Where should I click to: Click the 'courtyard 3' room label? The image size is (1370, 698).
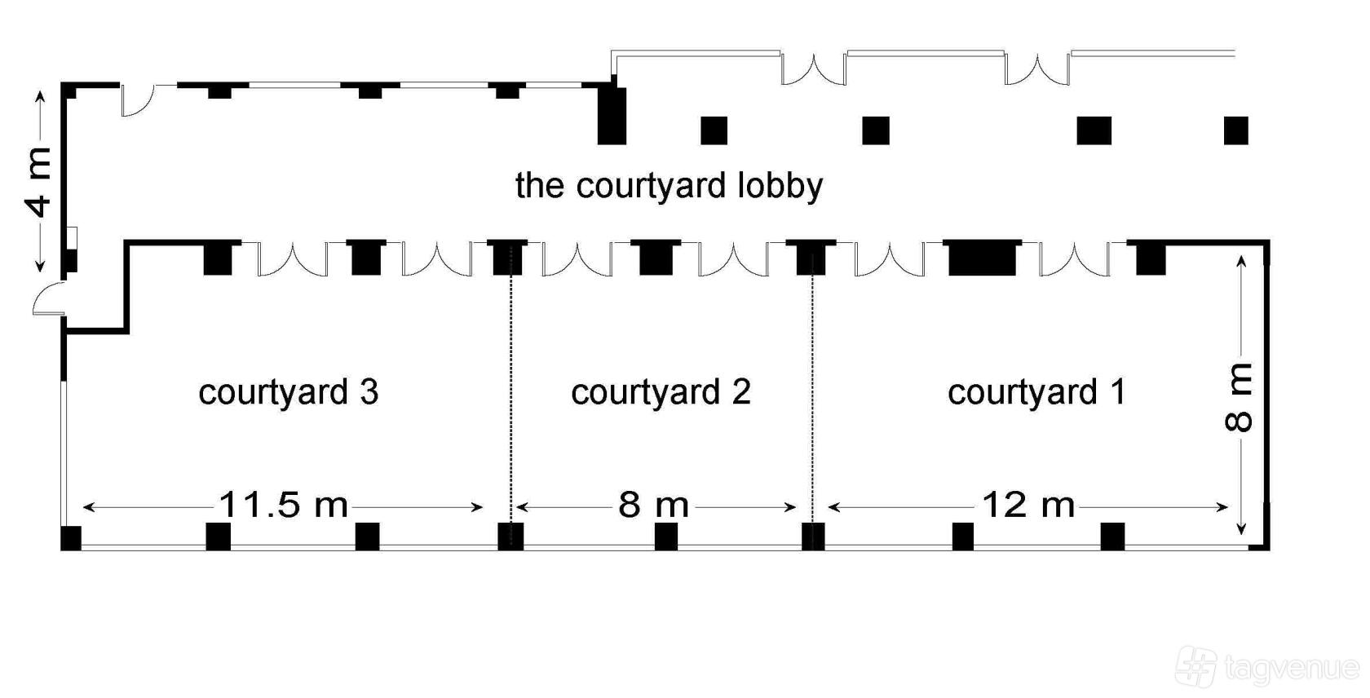click(x=289, y=393)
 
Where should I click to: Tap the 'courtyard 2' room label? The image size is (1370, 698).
click(x=661, y=393)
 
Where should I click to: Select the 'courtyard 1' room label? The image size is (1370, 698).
click(x=1036, y=393)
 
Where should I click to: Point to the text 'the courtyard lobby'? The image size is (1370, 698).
click(x=669, y=185)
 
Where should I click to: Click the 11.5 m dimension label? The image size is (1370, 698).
click(x=283, y=506)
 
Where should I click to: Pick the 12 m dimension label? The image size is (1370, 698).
click(x=1028, y=506)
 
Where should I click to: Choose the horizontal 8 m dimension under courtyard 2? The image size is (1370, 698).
click(x=654, y=506)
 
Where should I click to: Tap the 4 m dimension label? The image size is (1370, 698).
click(x=38, y=183)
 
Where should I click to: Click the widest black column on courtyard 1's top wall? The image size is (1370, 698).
click(x=982, y=257)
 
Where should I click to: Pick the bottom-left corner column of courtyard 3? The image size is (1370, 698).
click(x=71, y=537)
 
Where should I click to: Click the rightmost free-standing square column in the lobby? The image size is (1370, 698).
click(x=1236, y=130)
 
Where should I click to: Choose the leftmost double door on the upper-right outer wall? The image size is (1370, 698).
click(x=814, y=68)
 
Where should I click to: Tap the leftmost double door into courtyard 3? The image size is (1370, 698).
click(x=292, y=259)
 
